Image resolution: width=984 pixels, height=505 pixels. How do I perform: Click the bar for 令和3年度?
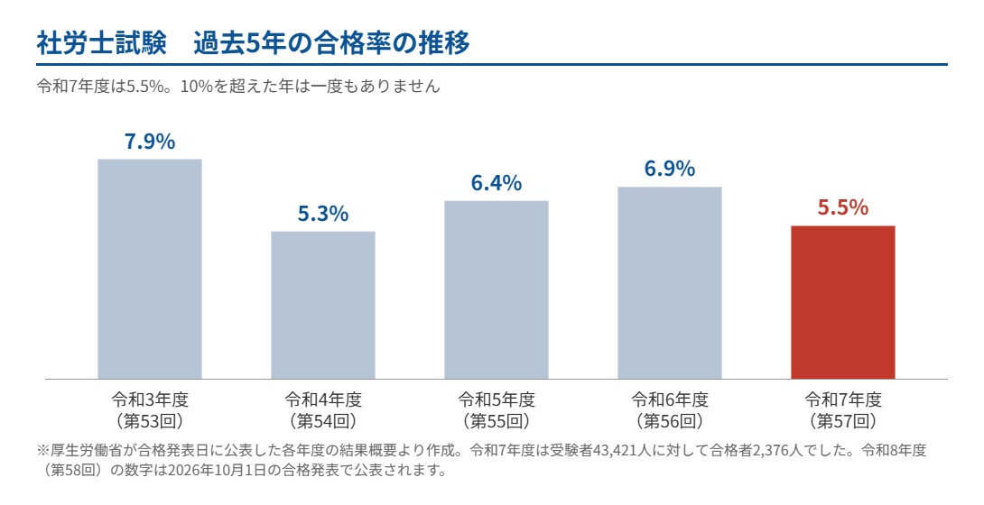(x=150, y=269)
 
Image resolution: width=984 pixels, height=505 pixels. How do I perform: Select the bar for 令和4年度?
(x=323, y=305)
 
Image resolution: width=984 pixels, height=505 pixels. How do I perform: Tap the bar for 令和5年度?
(x=497, y=290)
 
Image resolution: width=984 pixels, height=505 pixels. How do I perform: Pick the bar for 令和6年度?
(x=670, y=282)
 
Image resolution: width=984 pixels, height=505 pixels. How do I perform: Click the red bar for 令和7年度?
(x=843, y=302)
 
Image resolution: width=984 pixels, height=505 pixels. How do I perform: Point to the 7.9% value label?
(x=150, y=142)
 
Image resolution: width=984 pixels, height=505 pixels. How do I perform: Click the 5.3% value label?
(x=323, y=215)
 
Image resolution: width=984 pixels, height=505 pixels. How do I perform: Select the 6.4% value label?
(x=497, y=183)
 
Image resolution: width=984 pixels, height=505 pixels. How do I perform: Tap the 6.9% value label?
(x=670, y=169)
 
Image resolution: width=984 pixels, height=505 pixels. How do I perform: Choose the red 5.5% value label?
(x=843, y=207)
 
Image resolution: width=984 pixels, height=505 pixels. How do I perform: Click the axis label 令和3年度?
(x=150, y=399)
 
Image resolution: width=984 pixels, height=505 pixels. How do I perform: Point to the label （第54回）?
(x=323, y=420)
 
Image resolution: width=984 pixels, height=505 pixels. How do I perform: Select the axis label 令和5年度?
(x=497, y=399)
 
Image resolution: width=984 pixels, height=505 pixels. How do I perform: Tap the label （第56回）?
(x=670, y=420)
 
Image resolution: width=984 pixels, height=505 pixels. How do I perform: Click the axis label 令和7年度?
(x=843, y=399)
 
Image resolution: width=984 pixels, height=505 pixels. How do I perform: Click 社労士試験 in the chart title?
(x=102, y=43)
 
